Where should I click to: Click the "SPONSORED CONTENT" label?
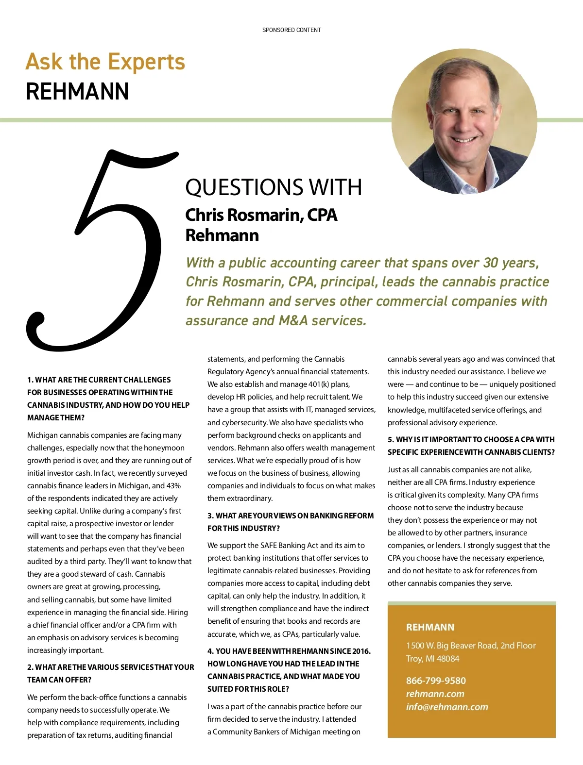[291, 30]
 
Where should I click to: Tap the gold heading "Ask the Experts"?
[105, 62]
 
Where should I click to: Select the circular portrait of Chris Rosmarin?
[464, 121]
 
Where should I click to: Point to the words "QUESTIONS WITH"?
[274, 187]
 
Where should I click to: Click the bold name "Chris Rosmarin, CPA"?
[261, 215]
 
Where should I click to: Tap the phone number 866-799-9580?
[436, 681]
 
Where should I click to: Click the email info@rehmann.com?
[447, 707]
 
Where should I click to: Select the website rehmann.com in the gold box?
[435, 694]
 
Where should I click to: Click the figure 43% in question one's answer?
[173, 485]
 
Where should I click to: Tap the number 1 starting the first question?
[30, 380]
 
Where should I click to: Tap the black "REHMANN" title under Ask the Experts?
[77, 91]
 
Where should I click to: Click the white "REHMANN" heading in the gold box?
[430, 627]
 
